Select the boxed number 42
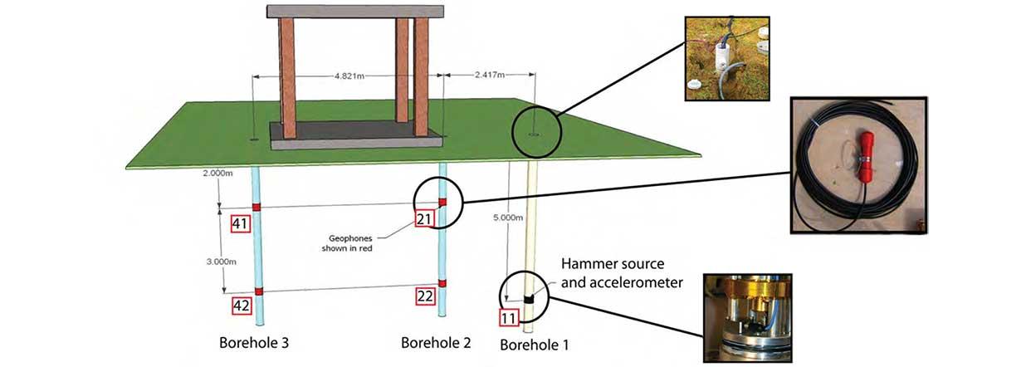click(x=241, y=306)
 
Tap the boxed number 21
click(x=424, y=218)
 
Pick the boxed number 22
click(x=424, y=296)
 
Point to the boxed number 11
click(x=509, y=316)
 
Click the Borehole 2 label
click(x=437, y=342)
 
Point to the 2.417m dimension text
click(x=490, y=75)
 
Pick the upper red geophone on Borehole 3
click(x=257, y=206)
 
